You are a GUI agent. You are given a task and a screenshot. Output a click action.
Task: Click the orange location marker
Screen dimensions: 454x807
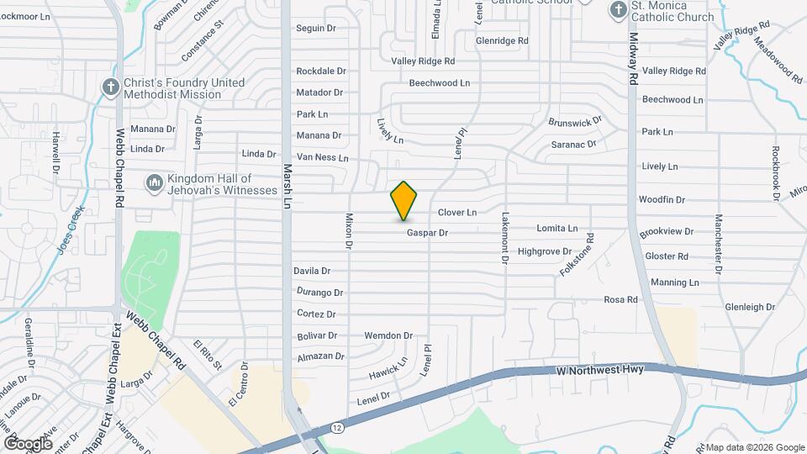pos(404,201)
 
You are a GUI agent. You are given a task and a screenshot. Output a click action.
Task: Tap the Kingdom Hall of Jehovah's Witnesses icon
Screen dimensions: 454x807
pos(153,184)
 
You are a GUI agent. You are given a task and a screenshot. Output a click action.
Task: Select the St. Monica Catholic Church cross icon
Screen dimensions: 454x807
pos(617,10)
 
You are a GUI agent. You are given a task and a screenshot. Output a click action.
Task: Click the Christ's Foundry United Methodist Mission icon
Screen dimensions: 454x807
pos(110,87)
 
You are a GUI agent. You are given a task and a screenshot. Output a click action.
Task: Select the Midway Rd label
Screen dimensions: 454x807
pos(633,59)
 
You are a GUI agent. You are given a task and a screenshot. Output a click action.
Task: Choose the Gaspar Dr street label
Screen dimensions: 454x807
pos(427,233)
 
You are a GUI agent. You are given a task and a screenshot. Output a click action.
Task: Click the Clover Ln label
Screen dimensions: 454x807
pos(457,213)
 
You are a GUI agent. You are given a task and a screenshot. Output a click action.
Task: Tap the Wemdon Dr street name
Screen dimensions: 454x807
pos(388,335)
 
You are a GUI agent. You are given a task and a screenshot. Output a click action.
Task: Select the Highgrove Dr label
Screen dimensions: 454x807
pos(545,251)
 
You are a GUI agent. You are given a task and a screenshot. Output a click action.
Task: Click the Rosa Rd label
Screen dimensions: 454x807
pos(620,299)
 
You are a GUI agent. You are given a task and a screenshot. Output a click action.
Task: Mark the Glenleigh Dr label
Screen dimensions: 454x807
pos(750,308)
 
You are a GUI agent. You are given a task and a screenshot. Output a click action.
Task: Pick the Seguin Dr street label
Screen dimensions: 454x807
pos(316,29)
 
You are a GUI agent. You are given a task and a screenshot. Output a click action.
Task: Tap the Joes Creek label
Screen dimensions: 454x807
pos(70,228)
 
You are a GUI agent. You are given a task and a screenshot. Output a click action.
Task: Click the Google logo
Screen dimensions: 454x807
pos(28,443)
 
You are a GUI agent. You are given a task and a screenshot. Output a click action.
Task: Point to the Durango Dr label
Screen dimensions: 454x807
pos(320,293)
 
